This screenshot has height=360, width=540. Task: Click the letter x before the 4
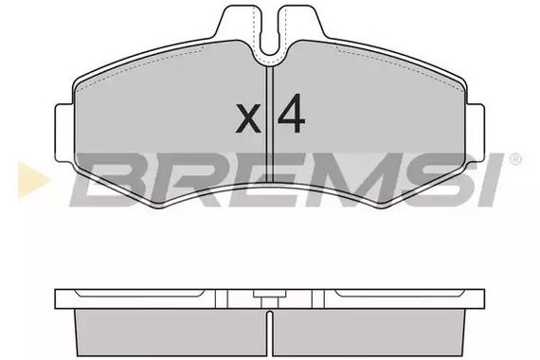click(248, 118)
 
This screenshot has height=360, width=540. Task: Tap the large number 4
click(292, 114)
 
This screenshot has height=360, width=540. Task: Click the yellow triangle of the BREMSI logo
click(33, 180)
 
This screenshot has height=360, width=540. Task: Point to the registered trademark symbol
click(515, 160)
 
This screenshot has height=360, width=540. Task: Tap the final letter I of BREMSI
click(490, 180)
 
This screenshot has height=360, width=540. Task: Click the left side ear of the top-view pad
click(64, 133)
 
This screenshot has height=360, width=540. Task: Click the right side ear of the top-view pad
click(476, 133)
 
